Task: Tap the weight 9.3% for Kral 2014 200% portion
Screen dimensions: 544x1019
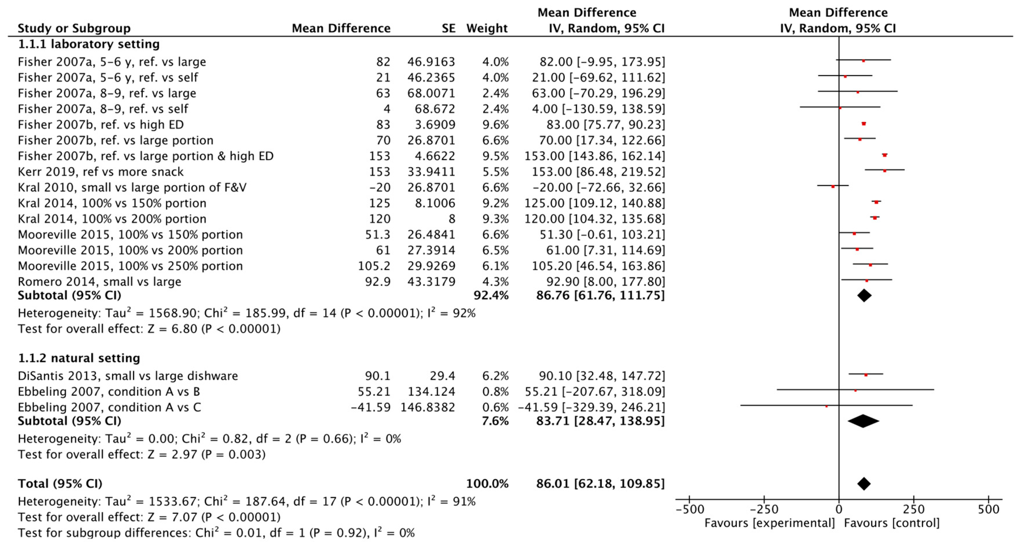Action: pyautogui.click(x=495, y=219)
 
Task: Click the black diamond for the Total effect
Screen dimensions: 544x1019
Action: pyautogui.click(x=864, y=484)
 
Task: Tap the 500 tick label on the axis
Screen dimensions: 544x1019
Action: pyautogui.click(x=988, y=509)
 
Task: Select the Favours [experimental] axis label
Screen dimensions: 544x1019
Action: pyautogui.click(x=770, y=523)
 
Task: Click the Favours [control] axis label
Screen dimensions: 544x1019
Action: pyautogui.click(x=892, y=523)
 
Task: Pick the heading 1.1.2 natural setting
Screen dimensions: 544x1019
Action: pyautogui.click(x=79, y=358)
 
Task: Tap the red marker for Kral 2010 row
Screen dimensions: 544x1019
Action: pyautogui.click(x=833, y=186)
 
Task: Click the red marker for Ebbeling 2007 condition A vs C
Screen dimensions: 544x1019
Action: pyautogui.click(x=826, y=406)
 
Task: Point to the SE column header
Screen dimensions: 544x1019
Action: pyautogui.click(x=448, y=28)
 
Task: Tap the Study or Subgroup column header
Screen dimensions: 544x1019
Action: pyautogui.click(x=74, y=28)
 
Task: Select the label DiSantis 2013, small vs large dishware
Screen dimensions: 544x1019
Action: pyautogui.click(x=128, y=376)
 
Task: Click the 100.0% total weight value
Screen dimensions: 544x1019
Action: pyautogui.click(x=487, y=484)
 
